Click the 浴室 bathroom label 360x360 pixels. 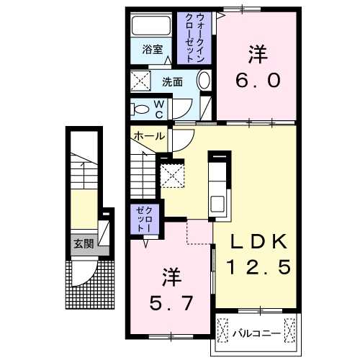click(151, 50)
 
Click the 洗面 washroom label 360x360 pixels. click(172, 81)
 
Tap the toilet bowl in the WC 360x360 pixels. click(139, 109)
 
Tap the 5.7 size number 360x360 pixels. click(171, 303)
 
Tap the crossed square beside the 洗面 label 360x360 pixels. click(140, 81)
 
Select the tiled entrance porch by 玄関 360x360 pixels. click(91, 284)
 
